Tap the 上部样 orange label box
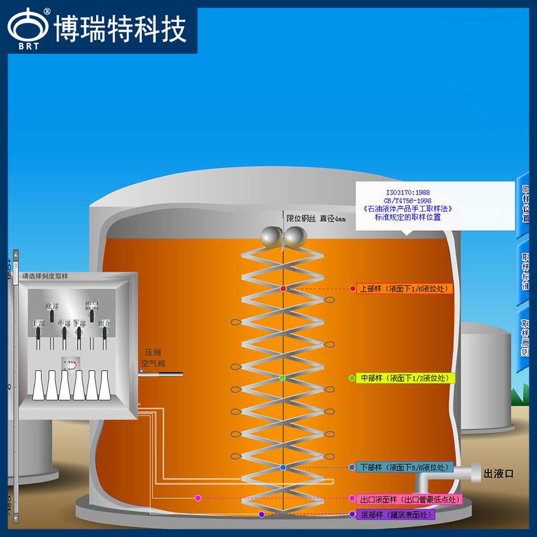(404, 289)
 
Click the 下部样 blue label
(404, 467)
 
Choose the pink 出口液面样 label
(409, 498)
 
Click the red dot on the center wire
(283, 289)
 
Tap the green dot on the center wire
(283, 378)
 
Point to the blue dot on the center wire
(283, 467)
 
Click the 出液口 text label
(498, 474)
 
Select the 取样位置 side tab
(526, 203)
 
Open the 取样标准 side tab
(526, 271)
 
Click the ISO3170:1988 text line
(408, 193)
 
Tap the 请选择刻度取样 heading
(45, 276)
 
